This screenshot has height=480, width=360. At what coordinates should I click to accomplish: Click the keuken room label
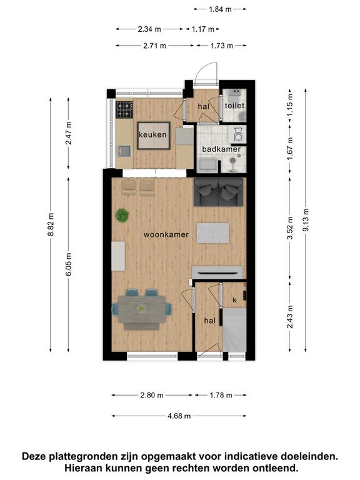pyautogui.click(x=152, y=135)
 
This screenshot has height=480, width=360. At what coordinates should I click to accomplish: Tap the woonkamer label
pyautogui.click(x=166, y=234)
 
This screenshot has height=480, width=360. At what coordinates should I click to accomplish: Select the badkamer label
pyautogui.click(x=221, y=149)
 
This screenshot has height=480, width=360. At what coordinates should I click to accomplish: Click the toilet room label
pyautogui.click(x=234, y=106)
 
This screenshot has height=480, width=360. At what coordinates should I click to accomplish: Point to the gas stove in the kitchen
pyautogui.click(x=124, y=110)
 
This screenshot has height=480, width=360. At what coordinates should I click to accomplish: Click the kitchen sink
pyautogui.click(x=124, y=151)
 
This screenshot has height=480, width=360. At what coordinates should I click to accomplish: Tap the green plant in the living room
pyautogui.click(x=122, y=215)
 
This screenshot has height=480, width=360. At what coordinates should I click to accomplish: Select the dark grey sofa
pyautogui.click(x=219, y=192)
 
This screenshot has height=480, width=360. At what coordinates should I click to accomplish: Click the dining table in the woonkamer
pyautogui.click(x=142, y=310)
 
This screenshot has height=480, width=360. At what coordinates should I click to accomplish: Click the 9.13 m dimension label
pyautogui.click(x=306, y=220)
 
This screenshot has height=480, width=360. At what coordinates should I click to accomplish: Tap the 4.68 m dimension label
pyautogui.click(x=179, y=416)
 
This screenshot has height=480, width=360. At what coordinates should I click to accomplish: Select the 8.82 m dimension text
pyautogui.click(x=51, y=224)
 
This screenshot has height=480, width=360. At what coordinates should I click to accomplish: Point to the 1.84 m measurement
pyautogui.click(x=220, y=9)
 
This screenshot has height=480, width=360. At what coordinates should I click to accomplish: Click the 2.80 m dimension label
pyautogui.click(x=152, y=395)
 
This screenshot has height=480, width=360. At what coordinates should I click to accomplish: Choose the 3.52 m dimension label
pyautogui.click(x=290, y=227)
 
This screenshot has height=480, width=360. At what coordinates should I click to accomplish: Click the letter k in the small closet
pyautogui.click(x=235, y=300)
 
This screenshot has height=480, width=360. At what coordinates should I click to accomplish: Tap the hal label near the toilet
pyautogui.click(x=204, y=106)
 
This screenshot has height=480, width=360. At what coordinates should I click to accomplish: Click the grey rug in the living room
pyautogui.click(x=212, y=233)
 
